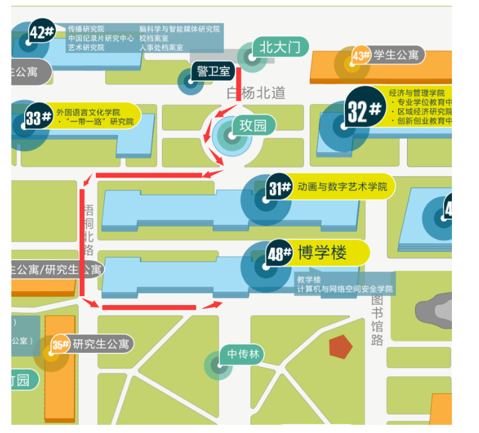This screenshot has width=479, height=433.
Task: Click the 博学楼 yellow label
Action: pyautogui.click(x=329, y=253)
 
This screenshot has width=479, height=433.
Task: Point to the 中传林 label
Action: pyautogui.click(x=242, y=355)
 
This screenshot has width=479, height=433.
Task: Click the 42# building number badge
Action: pyautogui.click(x=42, y=32)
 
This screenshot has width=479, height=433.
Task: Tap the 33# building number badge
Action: pyautogui.click(x=38, y=118)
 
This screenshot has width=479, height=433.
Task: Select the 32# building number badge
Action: pyautogui.click(x=364, y=112)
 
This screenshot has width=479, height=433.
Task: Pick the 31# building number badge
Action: pyautogui.click(x=279, y=187)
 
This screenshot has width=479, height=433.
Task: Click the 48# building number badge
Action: pyautogui.click(x=279, y=254)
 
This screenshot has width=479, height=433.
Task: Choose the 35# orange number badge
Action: pyautogui.click(x=60, y=345)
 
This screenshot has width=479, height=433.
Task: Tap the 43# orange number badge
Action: pyautogui.click(x=361, y=55)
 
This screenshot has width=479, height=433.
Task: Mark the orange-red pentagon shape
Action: pyautogui.click(x=340, y=346)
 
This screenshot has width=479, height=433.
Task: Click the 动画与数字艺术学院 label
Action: pyautogui.click(x=342, y=187)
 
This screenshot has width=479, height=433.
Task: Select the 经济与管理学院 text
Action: pyautogui.click(x=417, y=92)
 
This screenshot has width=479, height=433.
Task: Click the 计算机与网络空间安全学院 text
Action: pyautogui.click(x=346, y=289)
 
